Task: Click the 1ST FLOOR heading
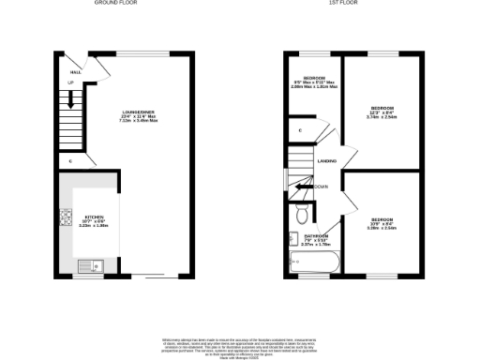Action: tap(339, 4)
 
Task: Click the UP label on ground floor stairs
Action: tap(69, 82)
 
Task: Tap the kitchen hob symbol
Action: tap(67, 221)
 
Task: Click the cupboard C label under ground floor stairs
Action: tap(71, 161)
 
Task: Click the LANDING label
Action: tap(327, 161)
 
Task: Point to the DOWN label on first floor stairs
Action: tap(322, 187)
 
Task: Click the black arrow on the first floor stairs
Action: tap(302, 187)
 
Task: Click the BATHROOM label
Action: tap(315, 240)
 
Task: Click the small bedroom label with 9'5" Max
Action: tap(313, 81)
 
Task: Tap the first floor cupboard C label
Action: tap(299, 130)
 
